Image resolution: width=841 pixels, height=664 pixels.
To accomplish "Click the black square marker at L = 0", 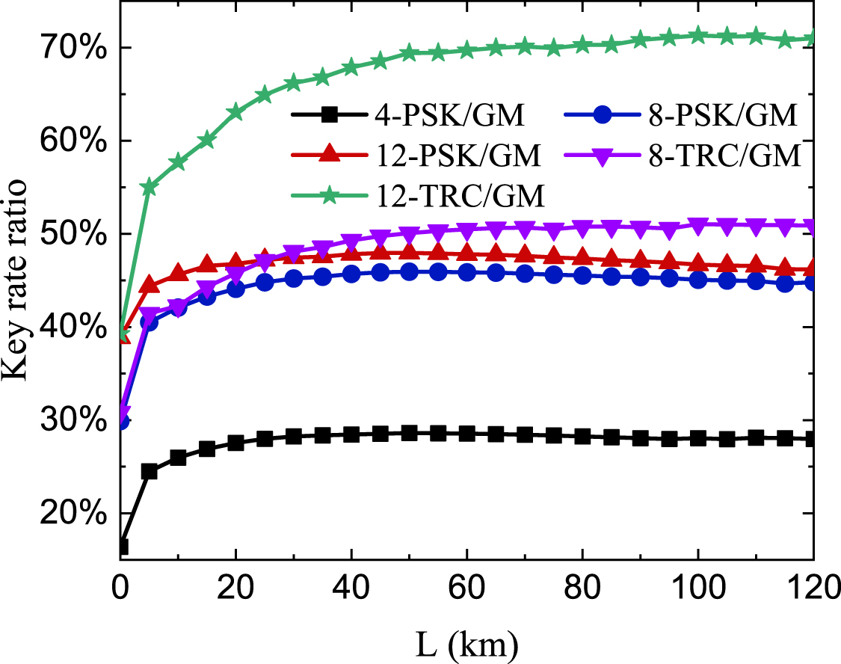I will click(x=122, y=547).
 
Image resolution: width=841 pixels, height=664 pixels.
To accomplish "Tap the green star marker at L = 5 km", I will click(x=149, y=187).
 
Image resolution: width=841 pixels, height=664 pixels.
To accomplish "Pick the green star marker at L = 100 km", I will click(x=697, y=35).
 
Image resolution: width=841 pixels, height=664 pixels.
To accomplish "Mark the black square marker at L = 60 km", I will click(x=466, y=433).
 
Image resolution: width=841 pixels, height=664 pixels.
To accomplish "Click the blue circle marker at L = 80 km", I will click(x=582, y=275).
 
